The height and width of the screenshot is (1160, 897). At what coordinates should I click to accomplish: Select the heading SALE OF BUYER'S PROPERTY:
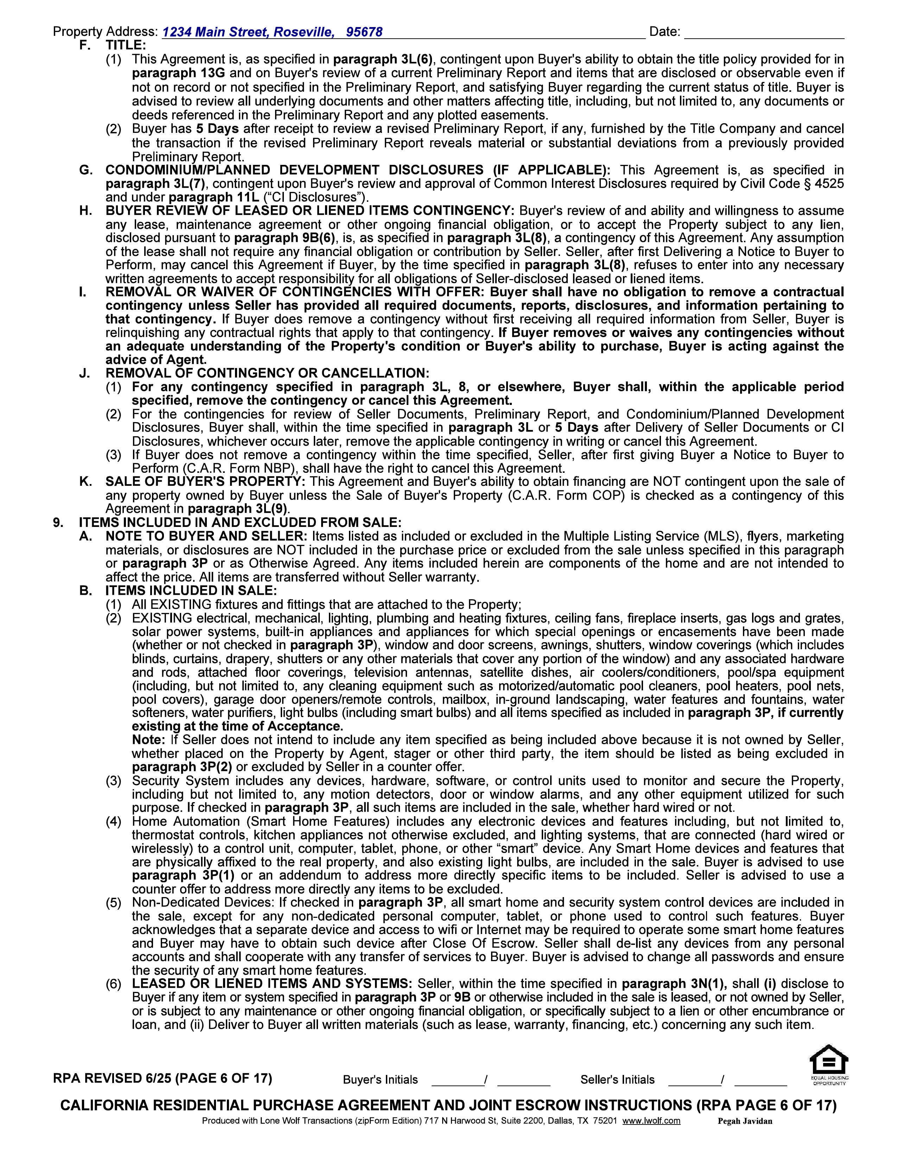click(x=205, y=482)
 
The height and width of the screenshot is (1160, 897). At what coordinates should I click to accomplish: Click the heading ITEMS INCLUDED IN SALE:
click(x=191, y=591)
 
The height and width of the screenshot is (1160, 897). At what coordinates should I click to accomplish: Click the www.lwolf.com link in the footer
click(x=651, y=1121)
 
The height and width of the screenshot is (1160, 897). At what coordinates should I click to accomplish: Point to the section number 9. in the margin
click(x=58, y=523)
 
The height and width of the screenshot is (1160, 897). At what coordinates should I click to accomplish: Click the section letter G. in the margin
click(x=85, y=170)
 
